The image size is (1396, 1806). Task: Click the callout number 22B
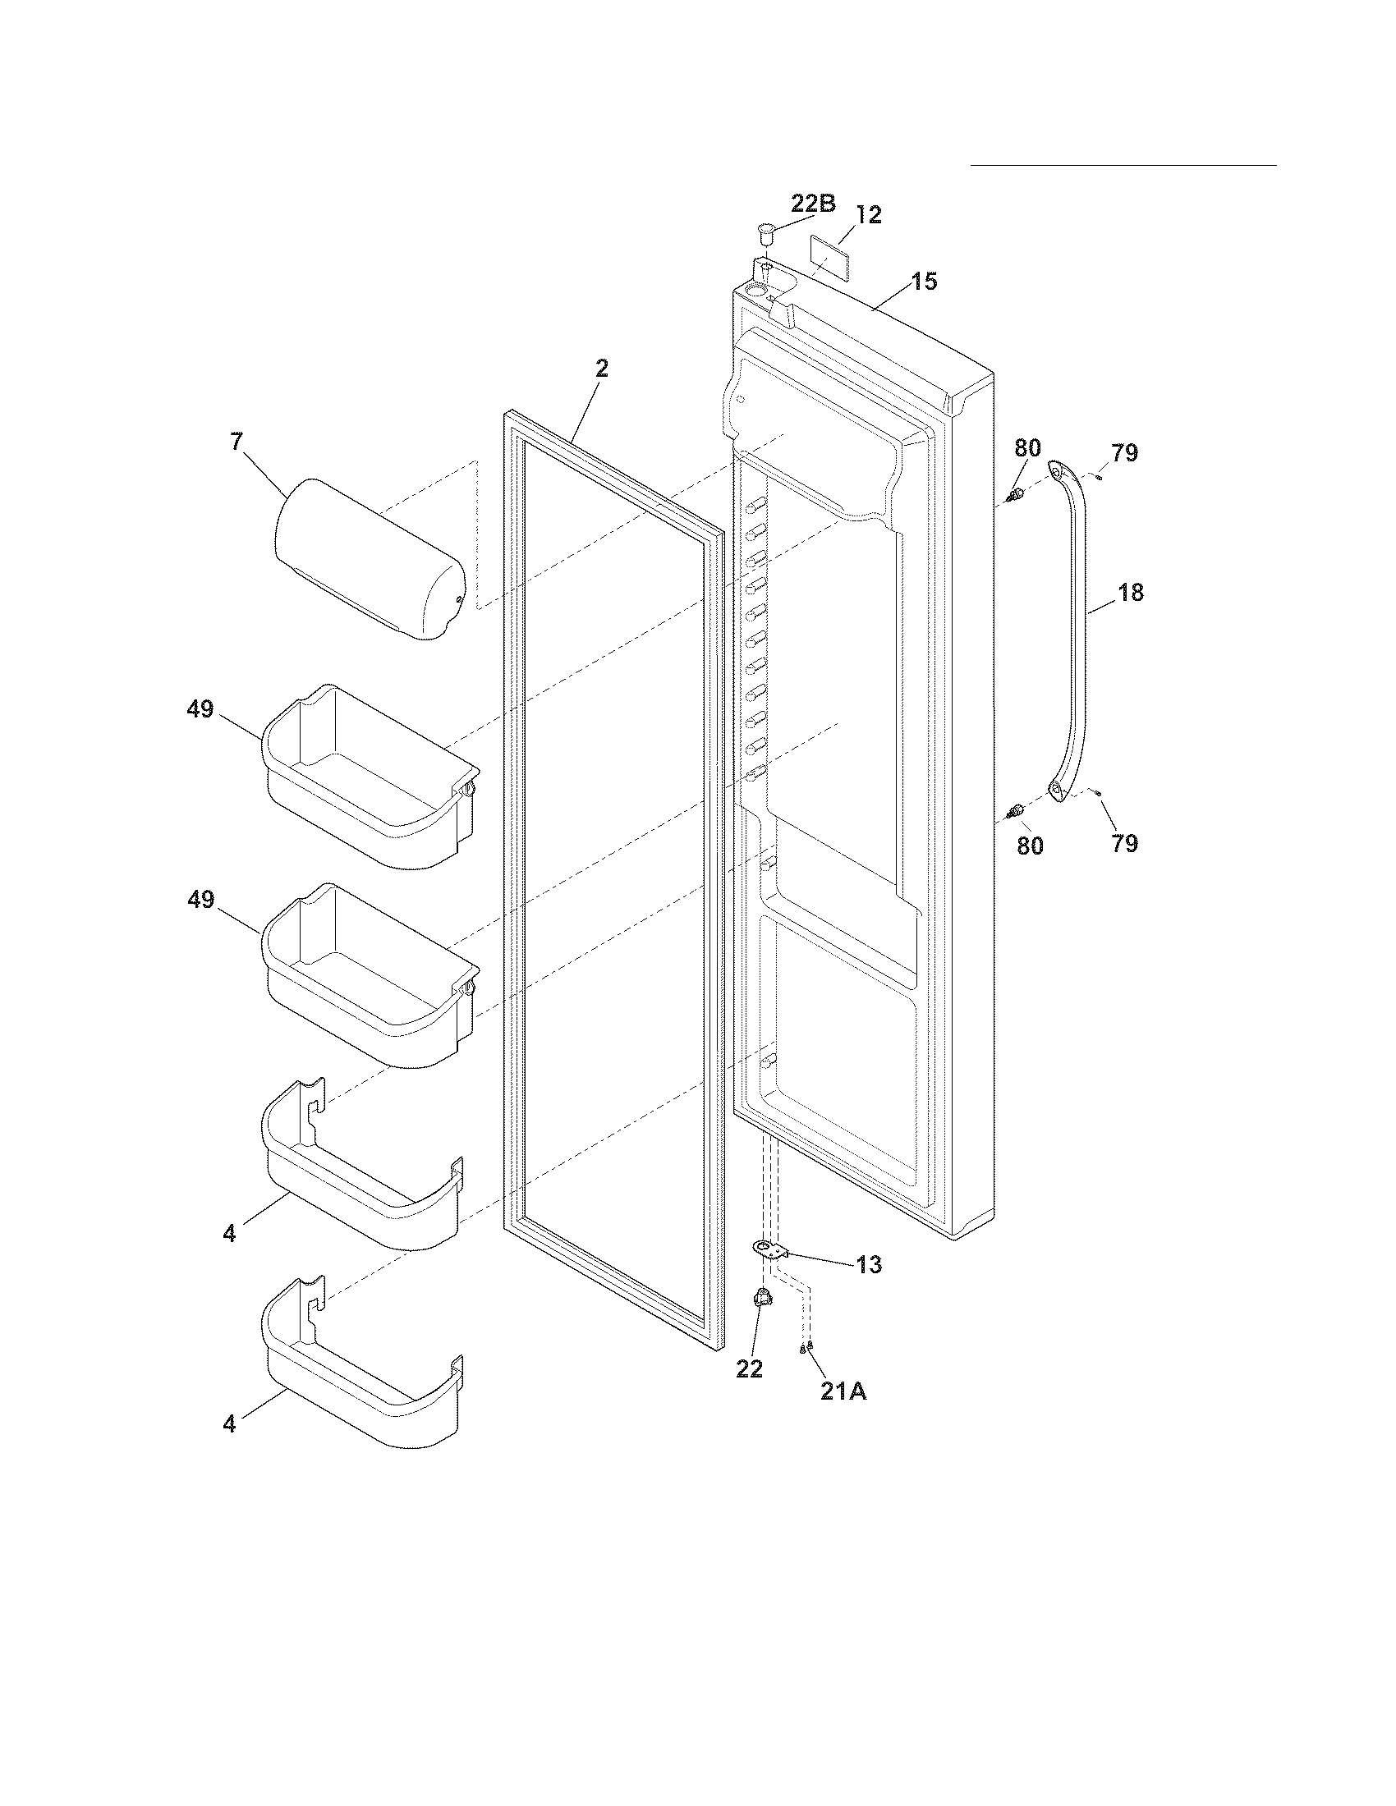tap(813, 204)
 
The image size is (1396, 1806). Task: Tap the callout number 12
tap(868, 215)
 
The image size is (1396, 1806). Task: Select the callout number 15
tap(925, 281)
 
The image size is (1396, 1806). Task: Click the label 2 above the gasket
tap(601, 369)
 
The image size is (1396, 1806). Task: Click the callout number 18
tap(1131, 592)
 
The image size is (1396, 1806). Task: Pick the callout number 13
tap(868, 1264)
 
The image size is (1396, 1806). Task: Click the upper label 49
tap(200, 708)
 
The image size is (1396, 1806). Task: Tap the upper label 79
tap(1124, 452)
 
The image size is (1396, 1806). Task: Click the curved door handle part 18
tap(1076, 629)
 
